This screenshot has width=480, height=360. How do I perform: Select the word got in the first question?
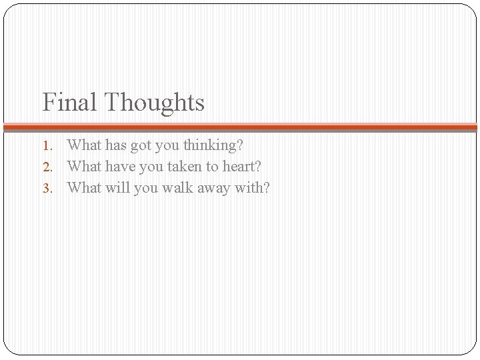point(143,145)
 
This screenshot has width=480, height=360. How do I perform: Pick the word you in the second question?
point(153,167)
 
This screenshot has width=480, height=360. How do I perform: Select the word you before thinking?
point(170,145)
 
